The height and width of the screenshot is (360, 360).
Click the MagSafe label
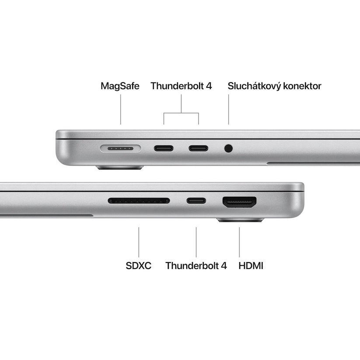coord(120,86)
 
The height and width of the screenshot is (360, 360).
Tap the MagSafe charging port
coord(120,148)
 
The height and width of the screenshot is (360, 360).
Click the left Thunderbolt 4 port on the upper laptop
coord(164,148)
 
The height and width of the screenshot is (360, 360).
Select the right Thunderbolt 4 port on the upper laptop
coord(198,148)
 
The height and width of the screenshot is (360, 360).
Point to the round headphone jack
coord(228,148)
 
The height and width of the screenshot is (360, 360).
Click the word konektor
coord(302,86)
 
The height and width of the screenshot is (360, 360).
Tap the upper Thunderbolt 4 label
coord(181,86)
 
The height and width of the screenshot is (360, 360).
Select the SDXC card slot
coord(139,201)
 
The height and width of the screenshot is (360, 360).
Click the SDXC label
coord(138,266)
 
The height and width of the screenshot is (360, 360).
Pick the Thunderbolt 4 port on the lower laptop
coord(196,201)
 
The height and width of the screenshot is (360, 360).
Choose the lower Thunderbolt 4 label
coord(196,266)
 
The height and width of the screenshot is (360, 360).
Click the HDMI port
coord(239,202)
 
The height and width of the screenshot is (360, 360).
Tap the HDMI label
coord(251,266)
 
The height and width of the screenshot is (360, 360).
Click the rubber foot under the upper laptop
coord(120,167)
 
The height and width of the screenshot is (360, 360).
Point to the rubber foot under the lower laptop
coord(240,220)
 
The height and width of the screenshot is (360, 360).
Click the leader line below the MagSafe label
coord(121,109)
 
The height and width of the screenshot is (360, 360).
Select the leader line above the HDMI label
coord(239,241)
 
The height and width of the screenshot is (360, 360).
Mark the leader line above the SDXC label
coord(139,241)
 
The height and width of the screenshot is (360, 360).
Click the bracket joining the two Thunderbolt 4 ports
coord(181,113)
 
